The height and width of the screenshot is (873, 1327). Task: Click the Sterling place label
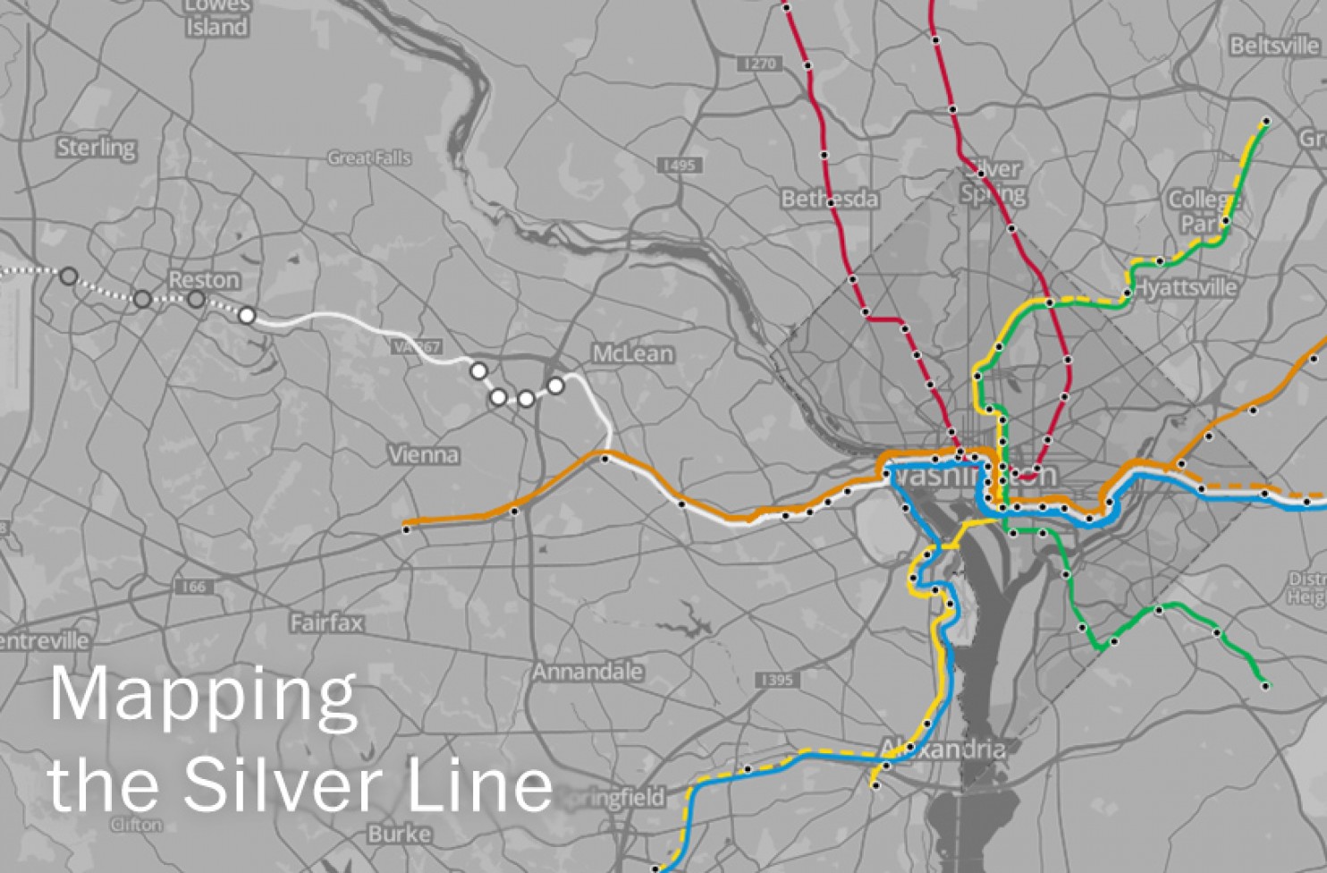tap(97, 148)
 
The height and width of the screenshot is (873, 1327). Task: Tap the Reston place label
tap(204, 280)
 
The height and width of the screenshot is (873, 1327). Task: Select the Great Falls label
tap(369, 158)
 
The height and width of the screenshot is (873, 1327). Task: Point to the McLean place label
tap(633, 354)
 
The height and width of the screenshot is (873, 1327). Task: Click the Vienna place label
tap(424, 455)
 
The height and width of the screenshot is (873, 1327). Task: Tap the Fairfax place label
tap(326, 623)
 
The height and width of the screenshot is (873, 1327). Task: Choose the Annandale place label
tap(587, 672)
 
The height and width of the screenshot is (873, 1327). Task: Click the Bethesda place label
tap(829, 199)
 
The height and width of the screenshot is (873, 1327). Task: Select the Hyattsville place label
tap(1186, 288)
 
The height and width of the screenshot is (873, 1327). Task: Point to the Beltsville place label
tap(1273, 46)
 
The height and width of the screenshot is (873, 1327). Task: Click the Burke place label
tap(399, 835)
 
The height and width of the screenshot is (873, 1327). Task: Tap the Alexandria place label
tap(942, 749)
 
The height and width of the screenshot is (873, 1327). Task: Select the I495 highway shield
tap(680, 165)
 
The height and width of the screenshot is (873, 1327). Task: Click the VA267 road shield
tap(417, 347)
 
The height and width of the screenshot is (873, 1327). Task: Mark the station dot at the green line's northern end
tap(1266, 122)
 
